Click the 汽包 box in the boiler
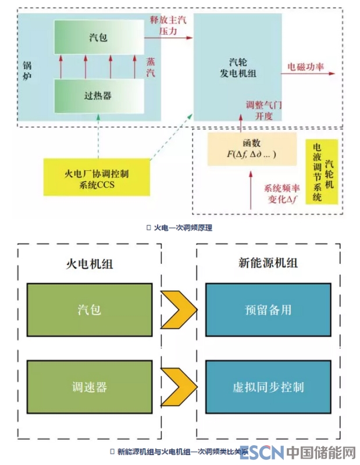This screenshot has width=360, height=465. [98, 37]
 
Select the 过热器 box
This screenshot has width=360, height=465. [98, 96]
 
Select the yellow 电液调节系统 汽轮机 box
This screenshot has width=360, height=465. [323, 171]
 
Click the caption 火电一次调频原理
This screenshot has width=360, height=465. [182, 228]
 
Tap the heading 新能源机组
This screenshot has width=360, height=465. [268, 263]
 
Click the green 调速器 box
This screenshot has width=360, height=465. [88, 387]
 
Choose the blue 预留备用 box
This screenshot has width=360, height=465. [268, 309]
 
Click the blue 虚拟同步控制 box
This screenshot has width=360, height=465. [268, 387]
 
